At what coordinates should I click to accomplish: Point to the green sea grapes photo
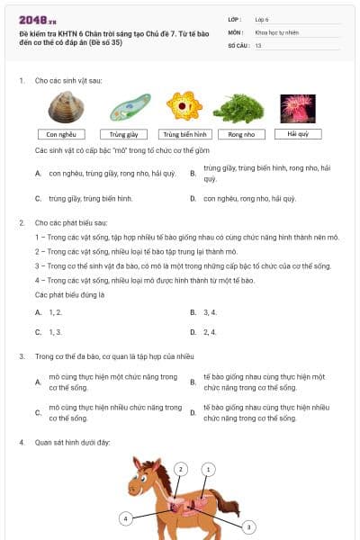pos(238,109)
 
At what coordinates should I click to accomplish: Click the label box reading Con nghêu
pos(66,133)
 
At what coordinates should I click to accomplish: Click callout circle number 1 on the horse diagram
pos(209,469)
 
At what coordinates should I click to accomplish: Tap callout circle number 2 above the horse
pos(181,469)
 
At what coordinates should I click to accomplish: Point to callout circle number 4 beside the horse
pos(127,518)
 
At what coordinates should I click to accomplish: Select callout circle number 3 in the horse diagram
pos(248,526)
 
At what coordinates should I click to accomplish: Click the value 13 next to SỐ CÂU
pos(259,44)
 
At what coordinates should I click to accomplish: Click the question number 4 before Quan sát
pos(21,442)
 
